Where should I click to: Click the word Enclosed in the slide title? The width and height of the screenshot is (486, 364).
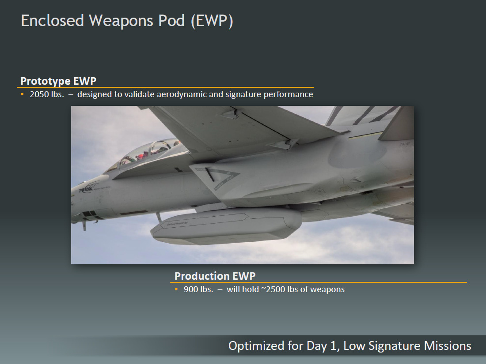pyautogui.click(x=53, y=21)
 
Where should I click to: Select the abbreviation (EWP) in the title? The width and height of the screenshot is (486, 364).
pyautogui.click(x=212, y=21)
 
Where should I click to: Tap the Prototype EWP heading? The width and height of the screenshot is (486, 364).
pyautogui.click(x=58, y=81)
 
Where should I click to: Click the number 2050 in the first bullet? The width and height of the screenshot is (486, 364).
pyautogui.click(x=38, y=94)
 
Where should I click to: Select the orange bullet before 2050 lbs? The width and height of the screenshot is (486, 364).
pyautogui.click(x=22, y=94)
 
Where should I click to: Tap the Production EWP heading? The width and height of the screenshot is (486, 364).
pyautogui.click(x=215, y=276)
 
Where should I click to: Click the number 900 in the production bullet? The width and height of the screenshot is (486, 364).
pyautogui.click(x=190, y=289)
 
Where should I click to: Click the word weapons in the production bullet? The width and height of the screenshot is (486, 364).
pyautogui.click(x=327, y=289)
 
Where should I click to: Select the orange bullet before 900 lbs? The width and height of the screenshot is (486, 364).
pyautogui.click(x=176, y=289)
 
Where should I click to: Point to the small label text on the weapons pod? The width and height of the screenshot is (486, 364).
pyautogui.click(x=177, y=223)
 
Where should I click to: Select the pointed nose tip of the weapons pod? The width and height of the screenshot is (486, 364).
pyautogui.click(x=152, y=232)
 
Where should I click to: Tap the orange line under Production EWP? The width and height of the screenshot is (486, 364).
pyautogui.click(x=318, y=282)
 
